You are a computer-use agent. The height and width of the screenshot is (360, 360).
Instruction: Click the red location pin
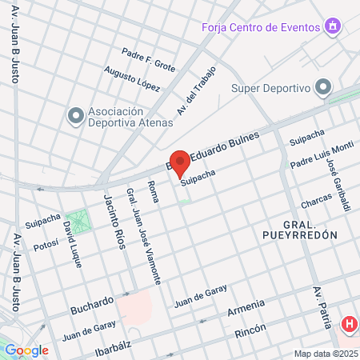point(180,163)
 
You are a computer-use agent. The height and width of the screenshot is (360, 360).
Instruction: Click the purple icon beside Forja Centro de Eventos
point(333,26)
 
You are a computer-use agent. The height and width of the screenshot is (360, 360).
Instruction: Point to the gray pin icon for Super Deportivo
point(323,86)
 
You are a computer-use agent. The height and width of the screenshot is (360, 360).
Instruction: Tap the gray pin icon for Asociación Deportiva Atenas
point(76,117)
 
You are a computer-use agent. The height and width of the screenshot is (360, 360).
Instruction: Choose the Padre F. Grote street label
point(147,59)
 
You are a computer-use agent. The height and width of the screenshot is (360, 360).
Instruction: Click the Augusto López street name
point(126,78)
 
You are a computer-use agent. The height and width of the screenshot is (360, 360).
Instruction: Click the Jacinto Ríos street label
point(115,222)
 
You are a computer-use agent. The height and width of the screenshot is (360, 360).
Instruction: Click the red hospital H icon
point(350,325)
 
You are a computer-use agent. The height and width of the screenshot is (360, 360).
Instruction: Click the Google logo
point(27,350)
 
